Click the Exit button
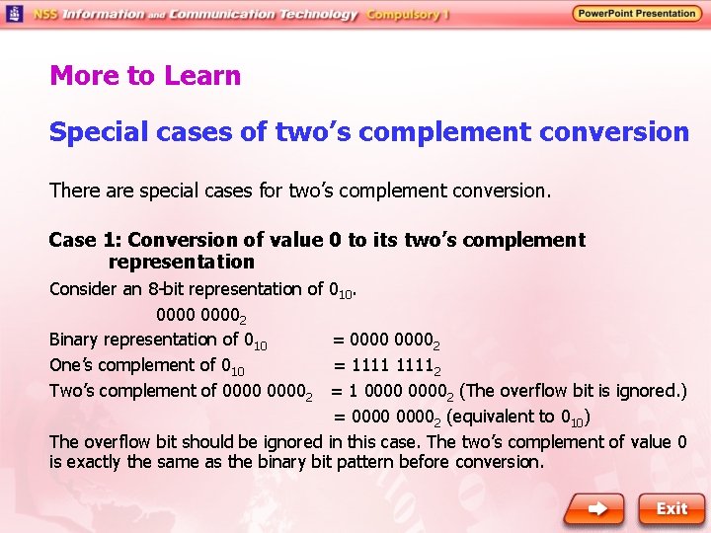[671, 508]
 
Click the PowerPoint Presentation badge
[636, 14]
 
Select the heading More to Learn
[145, 76]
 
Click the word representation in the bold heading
[181, 263]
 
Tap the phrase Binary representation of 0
[157, 341]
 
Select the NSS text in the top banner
[45, 14]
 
